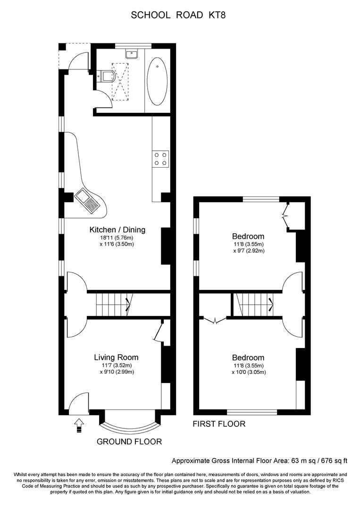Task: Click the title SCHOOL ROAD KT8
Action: tap(178, 15)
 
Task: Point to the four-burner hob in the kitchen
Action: tap(160, 158)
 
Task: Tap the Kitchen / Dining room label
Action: tap(117, 230)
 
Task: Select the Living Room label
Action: tap(116, 357)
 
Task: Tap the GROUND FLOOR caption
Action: tap(129, 442)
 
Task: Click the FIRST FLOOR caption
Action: tap(219, 424)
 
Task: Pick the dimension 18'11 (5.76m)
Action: tap(117, 238)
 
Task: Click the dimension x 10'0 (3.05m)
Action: tap(248, 372)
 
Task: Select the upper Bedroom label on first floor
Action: tap(248, 236)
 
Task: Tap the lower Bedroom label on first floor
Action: tap(248, 357)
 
